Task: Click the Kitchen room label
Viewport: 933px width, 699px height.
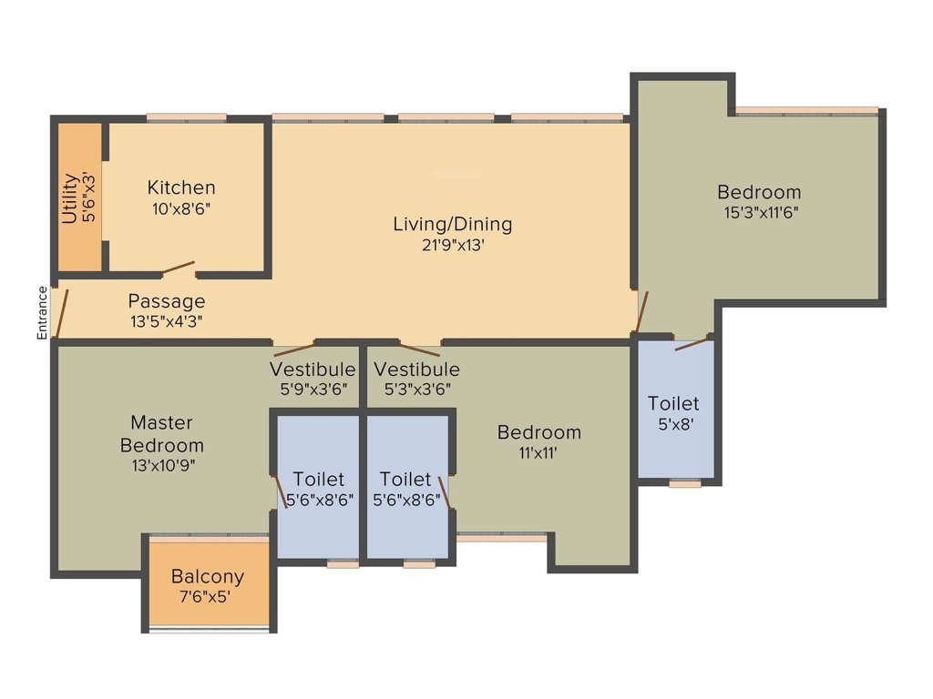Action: (x=181, y=187)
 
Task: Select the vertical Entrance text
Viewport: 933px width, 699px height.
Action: (x=42, y=313)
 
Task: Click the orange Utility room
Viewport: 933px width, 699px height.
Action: (x=79, y=197)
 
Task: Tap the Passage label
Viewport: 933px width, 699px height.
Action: (x=166, y=301)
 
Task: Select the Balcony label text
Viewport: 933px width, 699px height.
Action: (x=208, y=576)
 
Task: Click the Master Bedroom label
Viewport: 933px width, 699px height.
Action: (x=162, y=434)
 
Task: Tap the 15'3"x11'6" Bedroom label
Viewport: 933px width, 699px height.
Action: (x=759, y=192)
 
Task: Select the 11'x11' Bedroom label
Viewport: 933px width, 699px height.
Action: (x=539, y=431)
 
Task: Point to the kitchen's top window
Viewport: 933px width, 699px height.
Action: (x=186, y=116)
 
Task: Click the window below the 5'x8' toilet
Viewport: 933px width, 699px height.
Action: (x=684, y=484)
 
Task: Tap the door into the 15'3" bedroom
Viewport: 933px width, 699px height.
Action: (x=641, y=312)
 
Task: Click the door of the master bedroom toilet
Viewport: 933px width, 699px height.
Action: (x=282, y=492)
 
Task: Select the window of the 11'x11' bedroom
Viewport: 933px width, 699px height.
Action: (x=502, y=538)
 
